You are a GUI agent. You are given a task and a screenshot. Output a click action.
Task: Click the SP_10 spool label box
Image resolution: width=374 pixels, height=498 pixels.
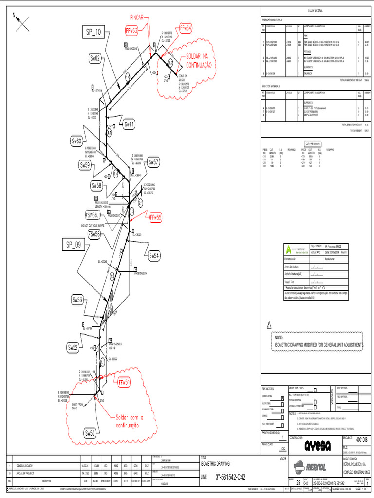tap(93, 33)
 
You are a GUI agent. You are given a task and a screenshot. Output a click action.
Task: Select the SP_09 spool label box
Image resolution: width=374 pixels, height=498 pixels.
tap(74, 245)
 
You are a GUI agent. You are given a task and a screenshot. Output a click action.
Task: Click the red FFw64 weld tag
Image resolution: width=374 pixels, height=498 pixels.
tap(186, 28)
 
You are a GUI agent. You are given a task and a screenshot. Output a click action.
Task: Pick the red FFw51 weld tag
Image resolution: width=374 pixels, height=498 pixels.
tap(124, 382)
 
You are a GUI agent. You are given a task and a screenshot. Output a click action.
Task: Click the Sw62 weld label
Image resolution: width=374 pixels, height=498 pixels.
tap(95, 58)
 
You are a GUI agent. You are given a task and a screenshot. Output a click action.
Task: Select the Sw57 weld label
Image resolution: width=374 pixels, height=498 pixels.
tap(153, 162)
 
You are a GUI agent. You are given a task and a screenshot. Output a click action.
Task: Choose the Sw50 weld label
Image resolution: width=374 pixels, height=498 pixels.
tap(91, 433)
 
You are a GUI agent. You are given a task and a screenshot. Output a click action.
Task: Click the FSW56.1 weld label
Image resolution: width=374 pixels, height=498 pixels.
tap(93, 215)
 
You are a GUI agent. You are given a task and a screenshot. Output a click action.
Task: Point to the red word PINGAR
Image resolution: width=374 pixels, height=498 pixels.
tap(137, 18)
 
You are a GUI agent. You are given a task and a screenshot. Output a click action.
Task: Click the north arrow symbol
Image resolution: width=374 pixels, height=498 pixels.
tap(22, 20)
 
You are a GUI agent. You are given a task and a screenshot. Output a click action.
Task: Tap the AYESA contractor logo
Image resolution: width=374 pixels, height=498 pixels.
tap(318, 445)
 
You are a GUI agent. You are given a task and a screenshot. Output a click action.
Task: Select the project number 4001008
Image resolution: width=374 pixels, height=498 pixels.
tap(362, 439)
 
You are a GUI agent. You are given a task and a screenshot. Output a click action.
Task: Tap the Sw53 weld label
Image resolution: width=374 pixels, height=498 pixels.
tap(78, 300)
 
